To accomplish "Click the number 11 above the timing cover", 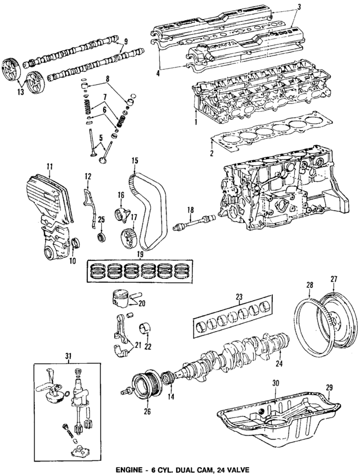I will [49, 166].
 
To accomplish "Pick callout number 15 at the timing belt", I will [134, 161].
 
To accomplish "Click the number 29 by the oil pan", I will [329, 388].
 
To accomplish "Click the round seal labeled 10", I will [76, 244].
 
